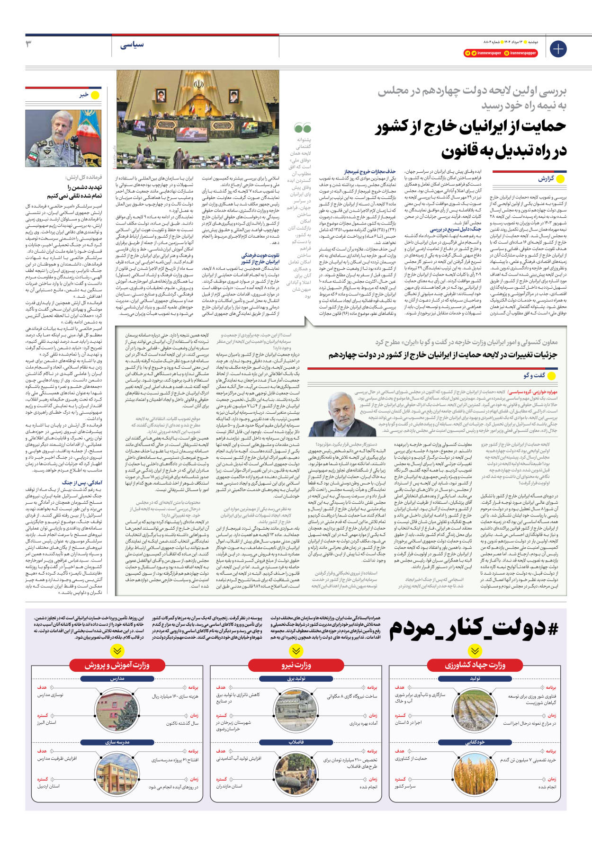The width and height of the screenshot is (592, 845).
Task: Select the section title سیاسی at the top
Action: coord(132,45)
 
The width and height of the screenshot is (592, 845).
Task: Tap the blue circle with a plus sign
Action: coord(558,48)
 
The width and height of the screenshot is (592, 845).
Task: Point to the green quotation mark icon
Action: coord(303,128)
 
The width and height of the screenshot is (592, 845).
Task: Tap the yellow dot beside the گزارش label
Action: coord(561,179)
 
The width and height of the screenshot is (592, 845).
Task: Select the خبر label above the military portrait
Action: coord(84,95)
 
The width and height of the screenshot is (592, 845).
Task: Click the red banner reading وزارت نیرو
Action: coord(296,666)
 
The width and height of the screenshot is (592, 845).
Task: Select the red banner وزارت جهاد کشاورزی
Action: coord(475,666)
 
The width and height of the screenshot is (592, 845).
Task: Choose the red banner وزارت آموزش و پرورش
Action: coord(117,666)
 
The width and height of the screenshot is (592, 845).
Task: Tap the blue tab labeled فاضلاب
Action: coord(296,742)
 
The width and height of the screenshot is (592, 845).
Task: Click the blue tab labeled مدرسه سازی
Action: coord(117,742)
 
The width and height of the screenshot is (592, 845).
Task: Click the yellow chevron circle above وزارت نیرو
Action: coord(296,650)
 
